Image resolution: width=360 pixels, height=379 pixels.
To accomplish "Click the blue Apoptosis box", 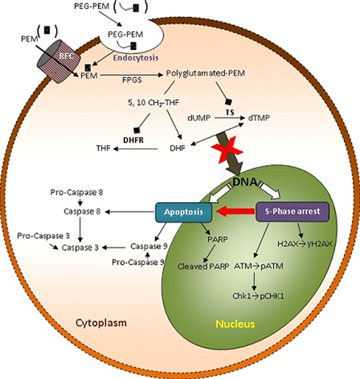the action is (183, 212).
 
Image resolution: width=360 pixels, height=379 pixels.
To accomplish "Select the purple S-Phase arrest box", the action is (292, 212).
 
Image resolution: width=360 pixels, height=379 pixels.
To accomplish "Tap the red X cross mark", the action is (227, 150).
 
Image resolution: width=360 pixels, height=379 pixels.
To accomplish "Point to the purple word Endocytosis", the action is (136, 58).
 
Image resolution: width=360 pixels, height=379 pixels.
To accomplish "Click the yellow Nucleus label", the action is (235, 324).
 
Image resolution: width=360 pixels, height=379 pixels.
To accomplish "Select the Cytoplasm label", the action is (101, 323).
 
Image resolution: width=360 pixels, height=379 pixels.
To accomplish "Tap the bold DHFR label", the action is (134, 140).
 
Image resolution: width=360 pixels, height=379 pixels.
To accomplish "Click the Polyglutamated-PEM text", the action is (206, 73).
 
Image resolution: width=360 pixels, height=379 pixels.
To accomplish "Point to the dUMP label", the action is (199, 118).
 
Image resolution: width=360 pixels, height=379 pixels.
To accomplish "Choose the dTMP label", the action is (259, 118).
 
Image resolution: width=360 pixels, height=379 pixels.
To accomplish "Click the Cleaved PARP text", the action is (204, 266).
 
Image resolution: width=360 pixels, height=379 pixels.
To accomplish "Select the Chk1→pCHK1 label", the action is (258, 296).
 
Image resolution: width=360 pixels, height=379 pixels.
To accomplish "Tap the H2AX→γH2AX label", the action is (305, 244).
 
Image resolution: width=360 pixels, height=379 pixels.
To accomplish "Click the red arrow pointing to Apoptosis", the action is (235, 212).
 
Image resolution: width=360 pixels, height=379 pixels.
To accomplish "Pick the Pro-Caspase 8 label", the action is (77, 192).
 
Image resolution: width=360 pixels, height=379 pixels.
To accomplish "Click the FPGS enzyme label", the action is (132, 80).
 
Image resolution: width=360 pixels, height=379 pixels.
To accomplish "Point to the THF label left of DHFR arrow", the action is (103, 148).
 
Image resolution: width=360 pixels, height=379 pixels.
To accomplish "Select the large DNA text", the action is (244, 183).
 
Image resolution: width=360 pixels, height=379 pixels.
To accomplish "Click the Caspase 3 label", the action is (80, 248).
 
